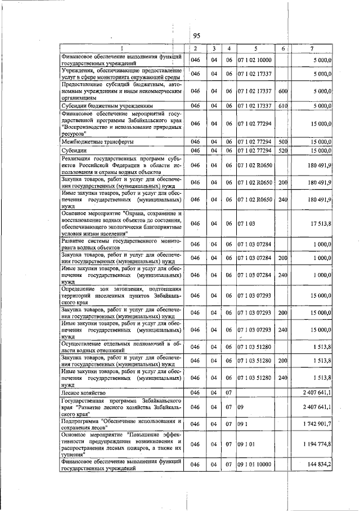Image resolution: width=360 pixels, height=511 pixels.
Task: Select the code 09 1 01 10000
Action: click(254, 465)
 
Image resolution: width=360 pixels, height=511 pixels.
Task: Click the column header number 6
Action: click(283, 48)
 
